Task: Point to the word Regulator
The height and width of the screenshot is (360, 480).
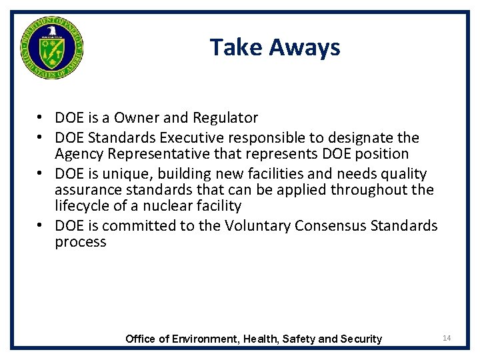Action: [225, 118]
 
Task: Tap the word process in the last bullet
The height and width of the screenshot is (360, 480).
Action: [81, 242]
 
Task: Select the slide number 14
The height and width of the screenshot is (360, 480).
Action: [447, 339]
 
